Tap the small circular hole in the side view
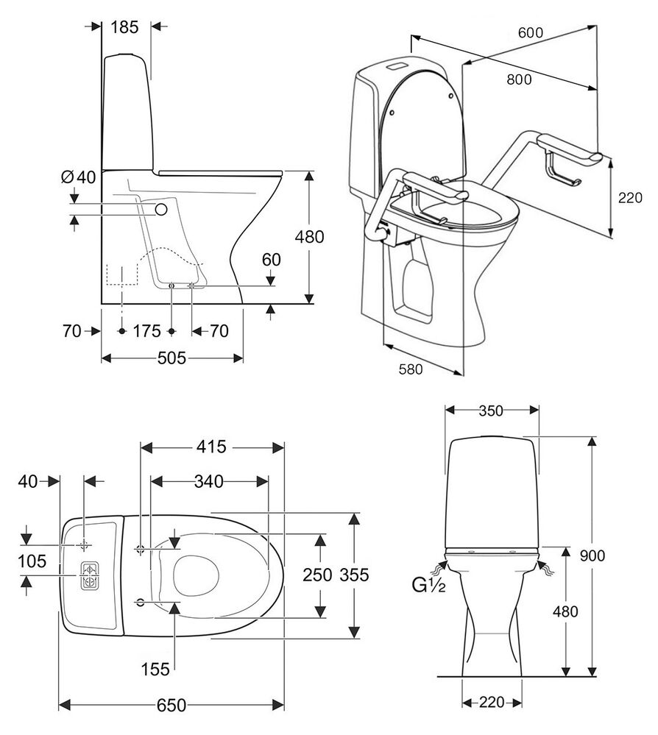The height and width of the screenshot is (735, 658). pyautogui.click(x=161, y=210)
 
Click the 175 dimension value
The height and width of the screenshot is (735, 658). pyautogui.click(x=146, y=331)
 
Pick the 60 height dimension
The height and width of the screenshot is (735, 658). pyautogui.click(x=272, y=260)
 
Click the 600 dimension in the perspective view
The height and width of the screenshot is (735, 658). pyautogui.click(x=530, y=33)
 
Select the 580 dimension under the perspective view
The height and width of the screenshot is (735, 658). pyautogui.click(x=410, y=370)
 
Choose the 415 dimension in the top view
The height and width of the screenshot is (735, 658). pyautogui.click(x=212, y=447)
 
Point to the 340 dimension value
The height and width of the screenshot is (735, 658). pyautogui.click(x=209, y=481)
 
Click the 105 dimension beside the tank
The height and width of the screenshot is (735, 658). pyautogui.click(x=33, y=561)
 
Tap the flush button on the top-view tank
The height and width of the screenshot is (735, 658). pyautogui.click(x=89, y=575)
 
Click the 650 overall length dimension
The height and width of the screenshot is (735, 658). pyautogui.click(x=171, y=706)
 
